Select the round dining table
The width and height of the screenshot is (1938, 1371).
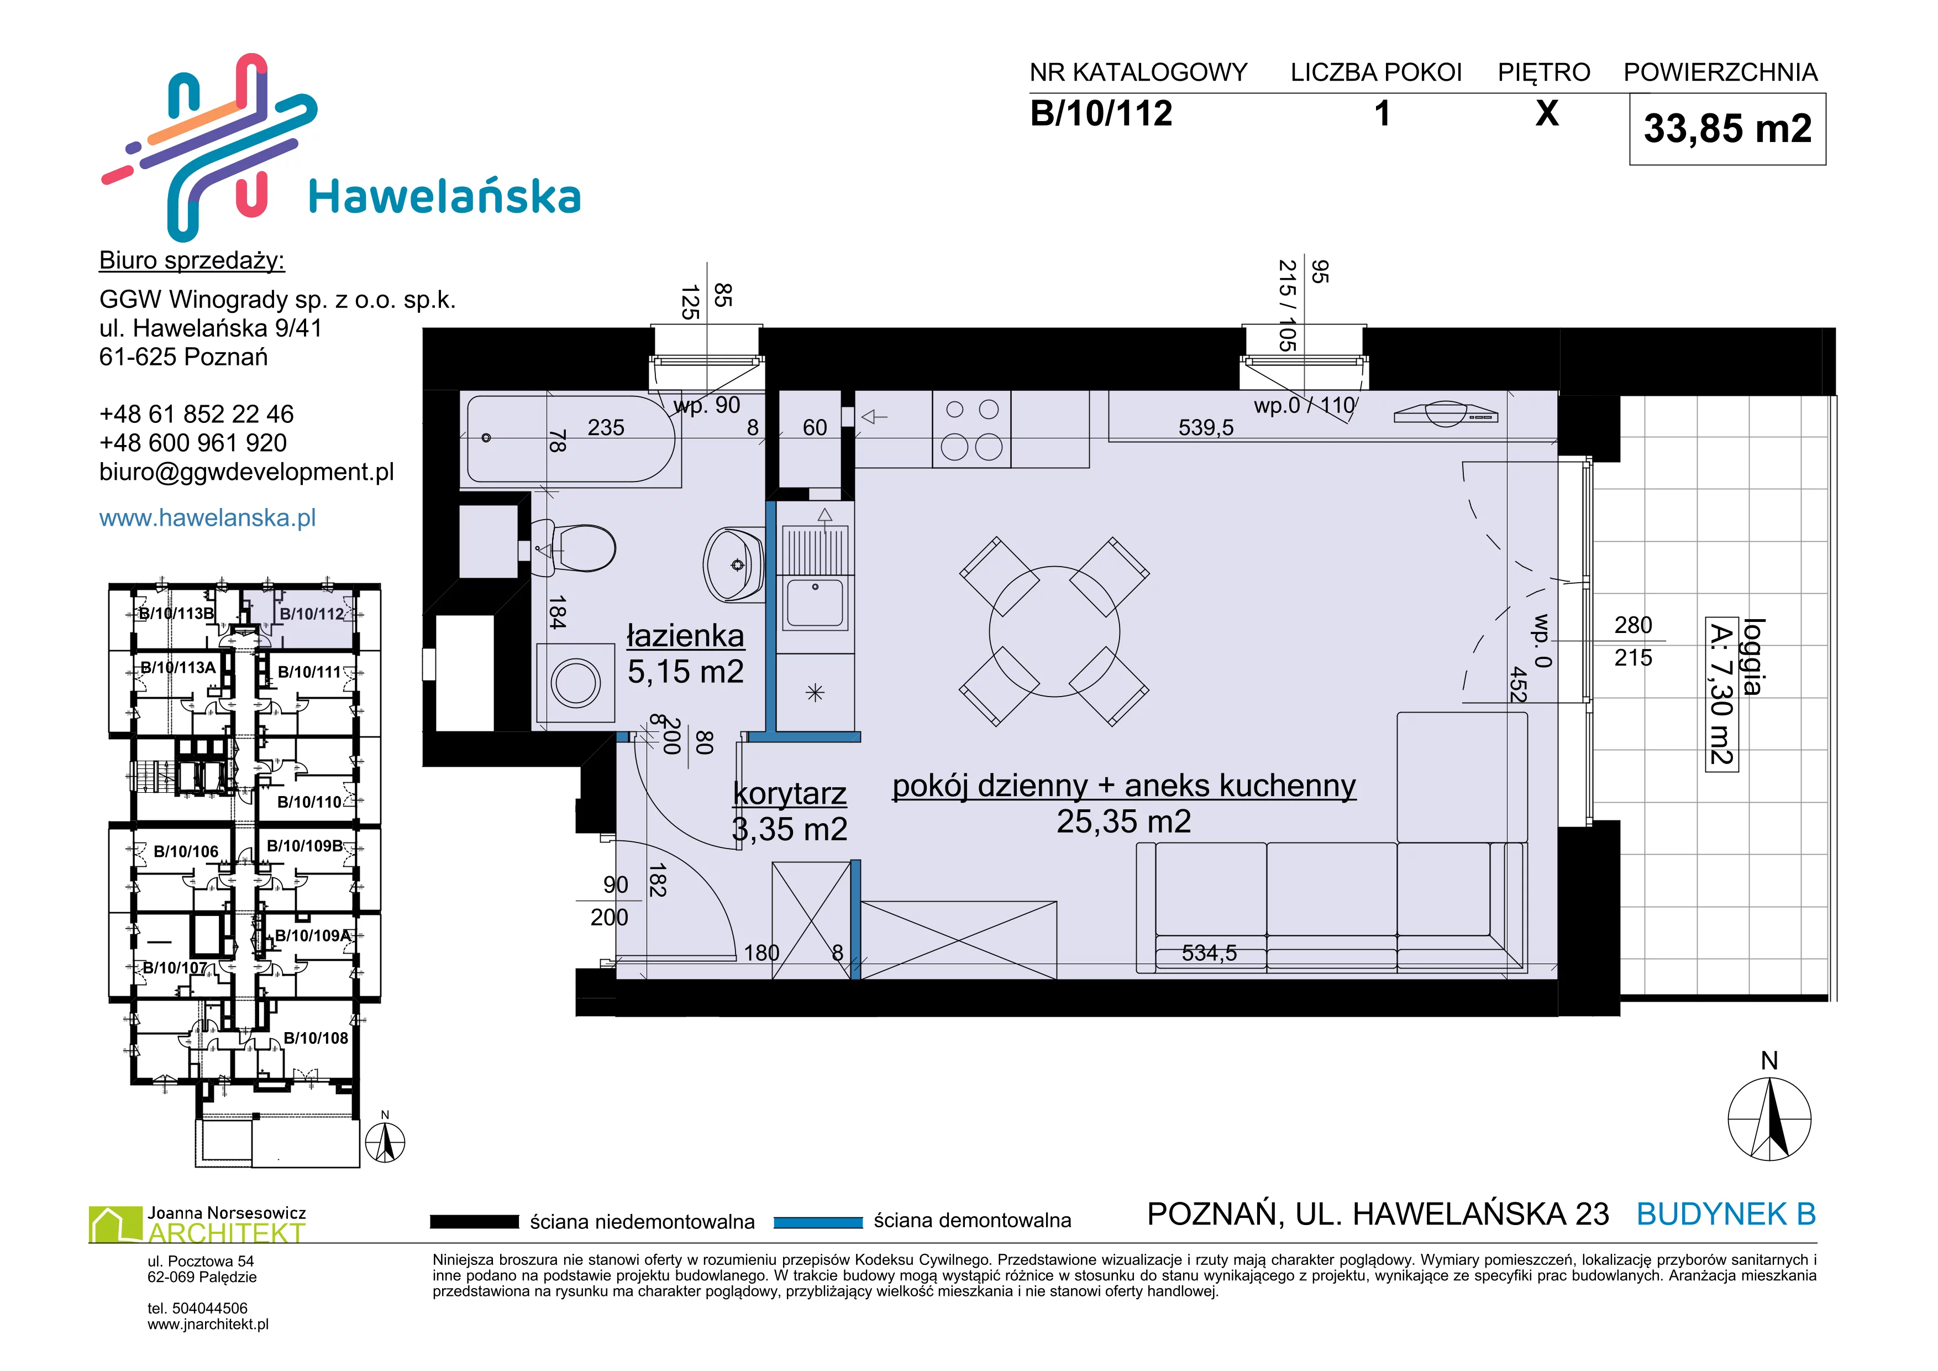1054,631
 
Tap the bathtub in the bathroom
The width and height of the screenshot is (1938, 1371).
571,439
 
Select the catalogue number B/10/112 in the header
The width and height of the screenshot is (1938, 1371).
1101,113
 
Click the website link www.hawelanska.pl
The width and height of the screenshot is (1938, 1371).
208,517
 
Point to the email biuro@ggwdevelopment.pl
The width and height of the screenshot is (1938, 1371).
246,472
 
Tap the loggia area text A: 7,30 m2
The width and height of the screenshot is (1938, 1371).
1720,693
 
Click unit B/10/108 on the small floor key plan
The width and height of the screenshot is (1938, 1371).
316,1038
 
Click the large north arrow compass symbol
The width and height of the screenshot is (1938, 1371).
1769,1118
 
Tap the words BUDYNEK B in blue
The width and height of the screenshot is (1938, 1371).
1726,1214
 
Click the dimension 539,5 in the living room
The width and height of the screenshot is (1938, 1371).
1205,428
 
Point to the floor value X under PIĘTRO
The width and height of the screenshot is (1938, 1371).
1546,113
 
